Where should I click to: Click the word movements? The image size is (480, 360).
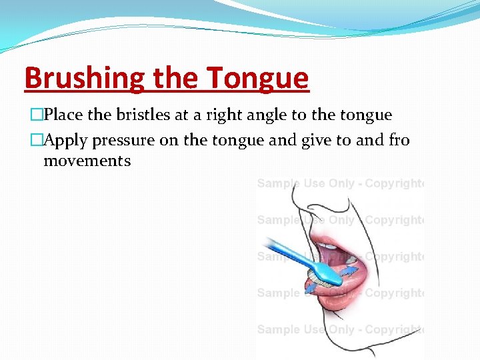[87, 161]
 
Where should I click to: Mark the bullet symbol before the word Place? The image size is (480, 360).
[29, 115]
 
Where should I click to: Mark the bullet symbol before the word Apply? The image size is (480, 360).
[29, 141]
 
